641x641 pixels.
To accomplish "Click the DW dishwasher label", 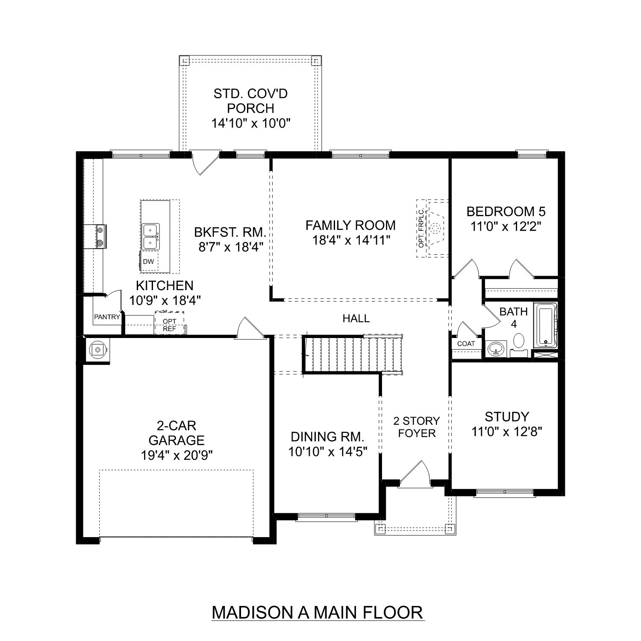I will pyautogui.click(x=149, y=262).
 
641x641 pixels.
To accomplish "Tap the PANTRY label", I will pyautogui.click(x=107, y=317).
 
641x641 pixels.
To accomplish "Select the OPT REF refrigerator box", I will pyautogui.click(x=170, y=325).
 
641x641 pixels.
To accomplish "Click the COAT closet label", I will pyautogui.click(x=466, y=344).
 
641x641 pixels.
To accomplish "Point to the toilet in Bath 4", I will pyautogui.click(x=519, y=341).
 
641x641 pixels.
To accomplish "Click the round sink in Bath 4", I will pyautogui.click(x=496, y=349).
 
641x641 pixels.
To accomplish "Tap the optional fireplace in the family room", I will pyautogui.click(x=434, y=229).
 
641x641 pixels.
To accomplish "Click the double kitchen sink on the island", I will pyautogui.click(x=150, y=237).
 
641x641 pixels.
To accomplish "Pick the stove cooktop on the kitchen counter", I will pyautogui.click(x=100, y=237).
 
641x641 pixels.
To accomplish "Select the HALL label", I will pyautogui.click(x=356, y=318).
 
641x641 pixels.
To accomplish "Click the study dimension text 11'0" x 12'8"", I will pyautogui.click(x=507, y=432).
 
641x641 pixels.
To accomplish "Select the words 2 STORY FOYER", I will pyautogui.click(x=416, y=427).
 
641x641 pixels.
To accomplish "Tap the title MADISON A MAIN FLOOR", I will pyautogui.click(x=318, y=612).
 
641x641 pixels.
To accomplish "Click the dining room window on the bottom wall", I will pyautogui.click(x=326, y=516).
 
